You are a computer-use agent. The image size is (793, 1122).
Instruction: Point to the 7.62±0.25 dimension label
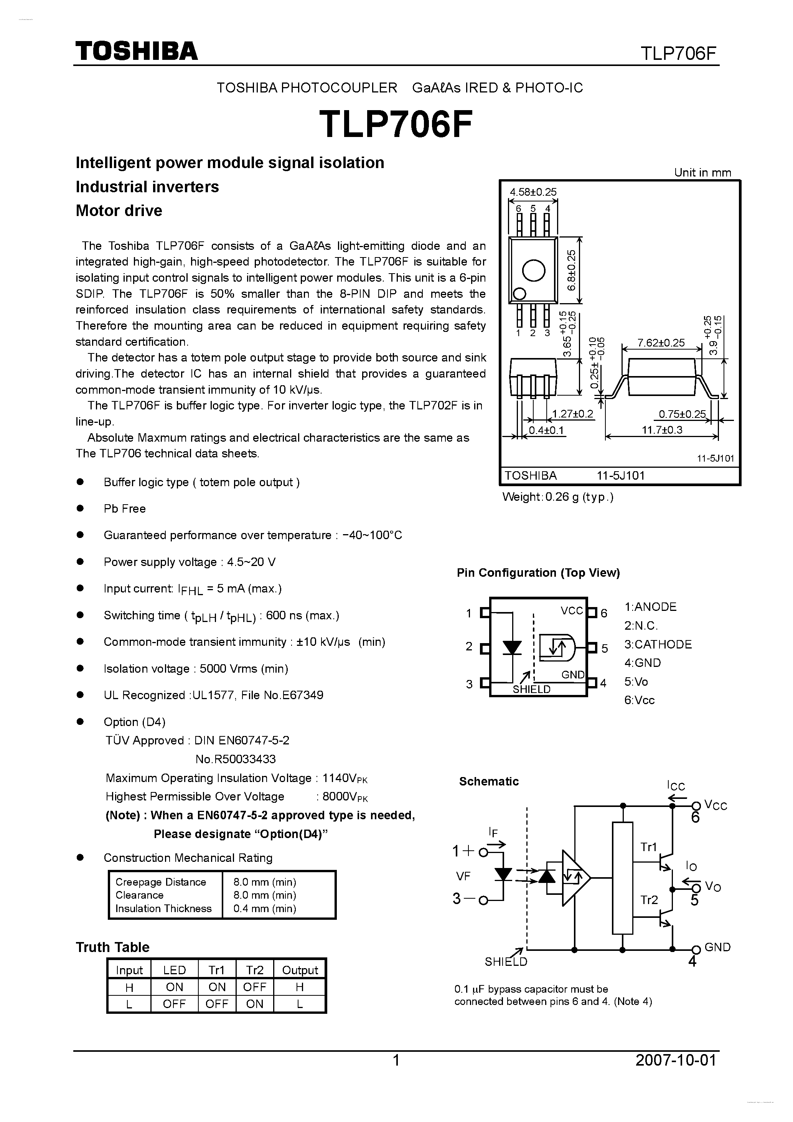661,343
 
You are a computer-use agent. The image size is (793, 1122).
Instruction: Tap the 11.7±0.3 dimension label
662,430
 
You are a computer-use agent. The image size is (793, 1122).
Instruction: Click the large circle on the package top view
534,270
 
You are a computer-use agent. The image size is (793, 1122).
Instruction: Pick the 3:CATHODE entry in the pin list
658,645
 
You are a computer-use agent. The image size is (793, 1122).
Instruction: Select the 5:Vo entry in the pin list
636,682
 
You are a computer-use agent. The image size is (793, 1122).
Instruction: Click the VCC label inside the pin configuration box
572,611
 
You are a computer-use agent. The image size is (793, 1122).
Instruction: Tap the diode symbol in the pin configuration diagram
512,647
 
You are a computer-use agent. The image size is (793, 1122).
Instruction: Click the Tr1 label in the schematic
648,847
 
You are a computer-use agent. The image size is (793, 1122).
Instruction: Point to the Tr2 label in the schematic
649,900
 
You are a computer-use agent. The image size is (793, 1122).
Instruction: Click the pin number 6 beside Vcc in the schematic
695,818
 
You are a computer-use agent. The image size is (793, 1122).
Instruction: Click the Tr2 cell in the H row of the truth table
255,987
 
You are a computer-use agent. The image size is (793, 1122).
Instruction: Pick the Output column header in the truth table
300,970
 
